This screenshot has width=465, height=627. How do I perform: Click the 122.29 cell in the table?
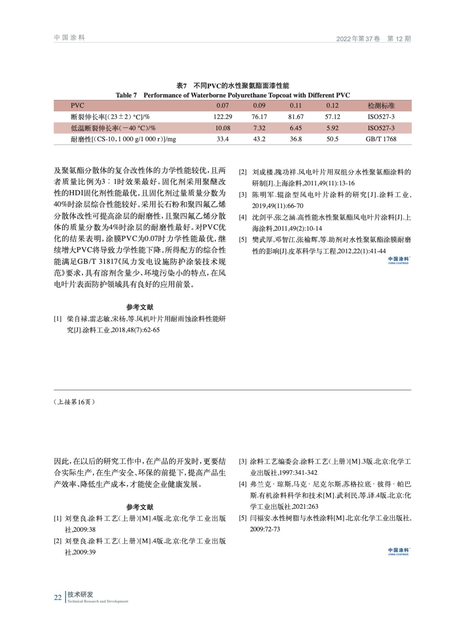tap(223, 117)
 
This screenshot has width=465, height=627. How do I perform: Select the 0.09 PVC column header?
tap(259, 105)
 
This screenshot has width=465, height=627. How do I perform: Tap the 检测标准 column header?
tap(381, 105)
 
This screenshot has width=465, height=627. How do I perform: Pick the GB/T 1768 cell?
tap(381, 139)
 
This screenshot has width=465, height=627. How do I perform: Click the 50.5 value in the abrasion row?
tap(332, 139)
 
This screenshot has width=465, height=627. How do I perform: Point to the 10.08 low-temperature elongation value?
tap(223, 128)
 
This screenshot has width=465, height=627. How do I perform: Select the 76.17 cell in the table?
tap(259, 117)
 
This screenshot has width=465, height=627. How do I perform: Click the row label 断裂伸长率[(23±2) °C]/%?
tap(110, 117)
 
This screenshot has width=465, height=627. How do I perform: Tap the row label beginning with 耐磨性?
tap(123, 139)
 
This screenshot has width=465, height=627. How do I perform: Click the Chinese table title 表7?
tap(233, 86)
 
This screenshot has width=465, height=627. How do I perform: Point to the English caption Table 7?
tap(233, 95)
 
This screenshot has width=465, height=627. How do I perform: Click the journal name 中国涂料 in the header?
tap(70, 38)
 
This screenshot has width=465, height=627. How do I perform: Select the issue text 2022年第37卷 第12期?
tap(373, 39)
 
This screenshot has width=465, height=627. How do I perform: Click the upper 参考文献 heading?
tap(139, 307)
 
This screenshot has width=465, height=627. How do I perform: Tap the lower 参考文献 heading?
tap(139, 507)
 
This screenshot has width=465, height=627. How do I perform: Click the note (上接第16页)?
tap(74, 402)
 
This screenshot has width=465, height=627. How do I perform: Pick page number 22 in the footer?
tap(58, 598)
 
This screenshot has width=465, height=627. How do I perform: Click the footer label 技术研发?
tap(80, 594)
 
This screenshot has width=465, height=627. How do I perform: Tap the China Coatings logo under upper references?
tap(398, 260)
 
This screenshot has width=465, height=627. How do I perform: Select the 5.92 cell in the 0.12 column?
tap(332, 128)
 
